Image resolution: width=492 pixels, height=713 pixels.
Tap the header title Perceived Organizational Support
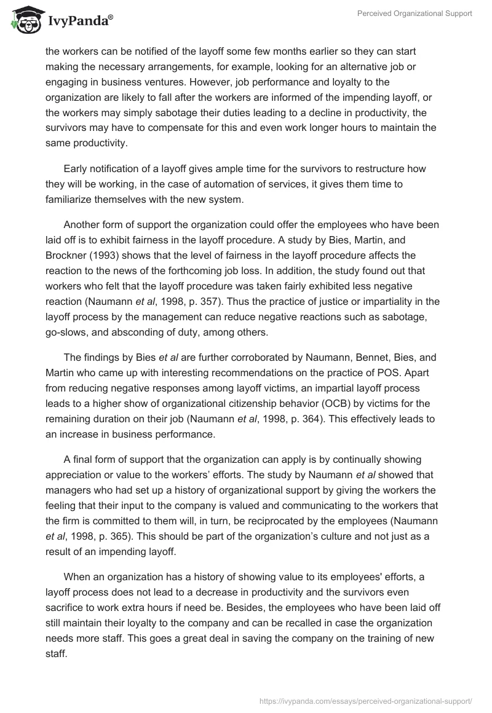[x=415, y=14]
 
